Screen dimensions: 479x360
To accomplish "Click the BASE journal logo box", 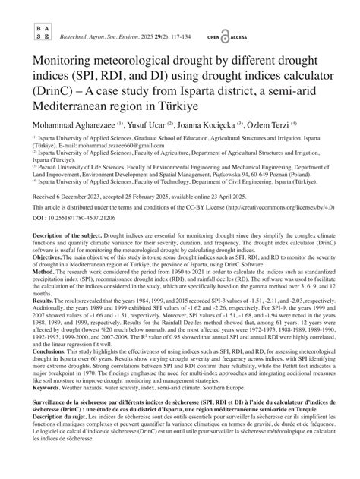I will point(43,30).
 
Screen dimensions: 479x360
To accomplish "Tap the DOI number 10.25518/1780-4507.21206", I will point(76,238).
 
